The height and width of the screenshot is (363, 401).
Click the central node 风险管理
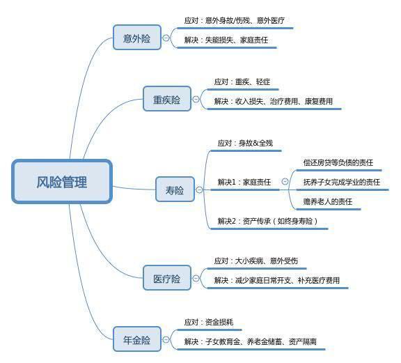click(62, 182)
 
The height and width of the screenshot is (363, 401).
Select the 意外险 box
click(137, 38)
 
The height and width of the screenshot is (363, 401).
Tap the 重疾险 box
click(167, 99)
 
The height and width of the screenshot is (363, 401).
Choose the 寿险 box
click(175, 190)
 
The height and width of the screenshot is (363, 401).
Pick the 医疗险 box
click(167, 278)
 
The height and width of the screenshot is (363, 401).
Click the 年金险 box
click(137, 339)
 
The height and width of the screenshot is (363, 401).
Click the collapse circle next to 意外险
click(166, 38)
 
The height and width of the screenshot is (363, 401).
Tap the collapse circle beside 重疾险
click(196, 99)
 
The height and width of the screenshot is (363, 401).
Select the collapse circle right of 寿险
click(199, 190)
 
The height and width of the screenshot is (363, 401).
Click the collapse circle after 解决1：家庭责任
click(285, 181)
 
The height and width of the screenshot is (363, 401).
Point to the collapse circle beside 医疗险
click(196, 278)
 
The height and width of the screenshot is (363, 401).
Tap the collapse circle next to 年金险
click(166, 339)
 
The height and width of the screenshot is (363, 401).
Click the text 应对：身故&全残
click(245, 143)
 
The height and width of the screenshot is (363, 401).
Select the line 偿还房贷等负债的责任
click(338, 162)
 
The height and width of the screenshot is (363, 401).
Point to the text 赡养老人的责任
click(328, 201)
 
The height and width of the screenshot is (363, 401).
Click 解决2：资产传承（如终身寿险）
click(268, 221)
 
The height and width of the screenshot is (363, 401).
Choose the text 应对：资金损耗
click(209, 322)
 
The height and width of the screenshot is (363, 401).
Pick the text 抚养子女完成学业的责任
click(342, 182)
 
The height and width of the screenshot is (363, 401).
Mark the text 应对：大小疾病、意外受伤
click(256, 261)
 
